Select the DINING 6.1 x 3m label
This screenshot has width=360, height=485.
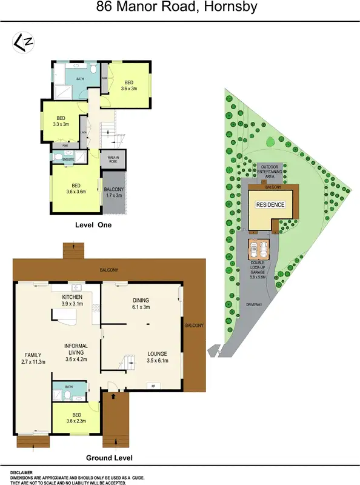pos(141,304)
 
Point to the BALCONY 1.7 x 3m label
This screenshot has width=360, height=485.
pos(113,192)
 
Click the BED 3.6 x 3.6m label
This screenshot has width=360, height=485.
pos(76,189)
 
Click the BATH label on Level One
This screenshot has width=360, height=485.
pos(80,79)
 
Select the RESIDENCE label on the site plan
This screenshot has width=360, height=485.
pos(270,205)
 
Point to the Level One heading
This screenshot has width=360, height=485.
pos(93,225)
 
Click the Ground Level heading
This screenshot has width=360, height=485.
pos(109,458)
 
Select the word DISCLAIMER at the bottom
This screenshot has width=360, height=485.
pos(21,471)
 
